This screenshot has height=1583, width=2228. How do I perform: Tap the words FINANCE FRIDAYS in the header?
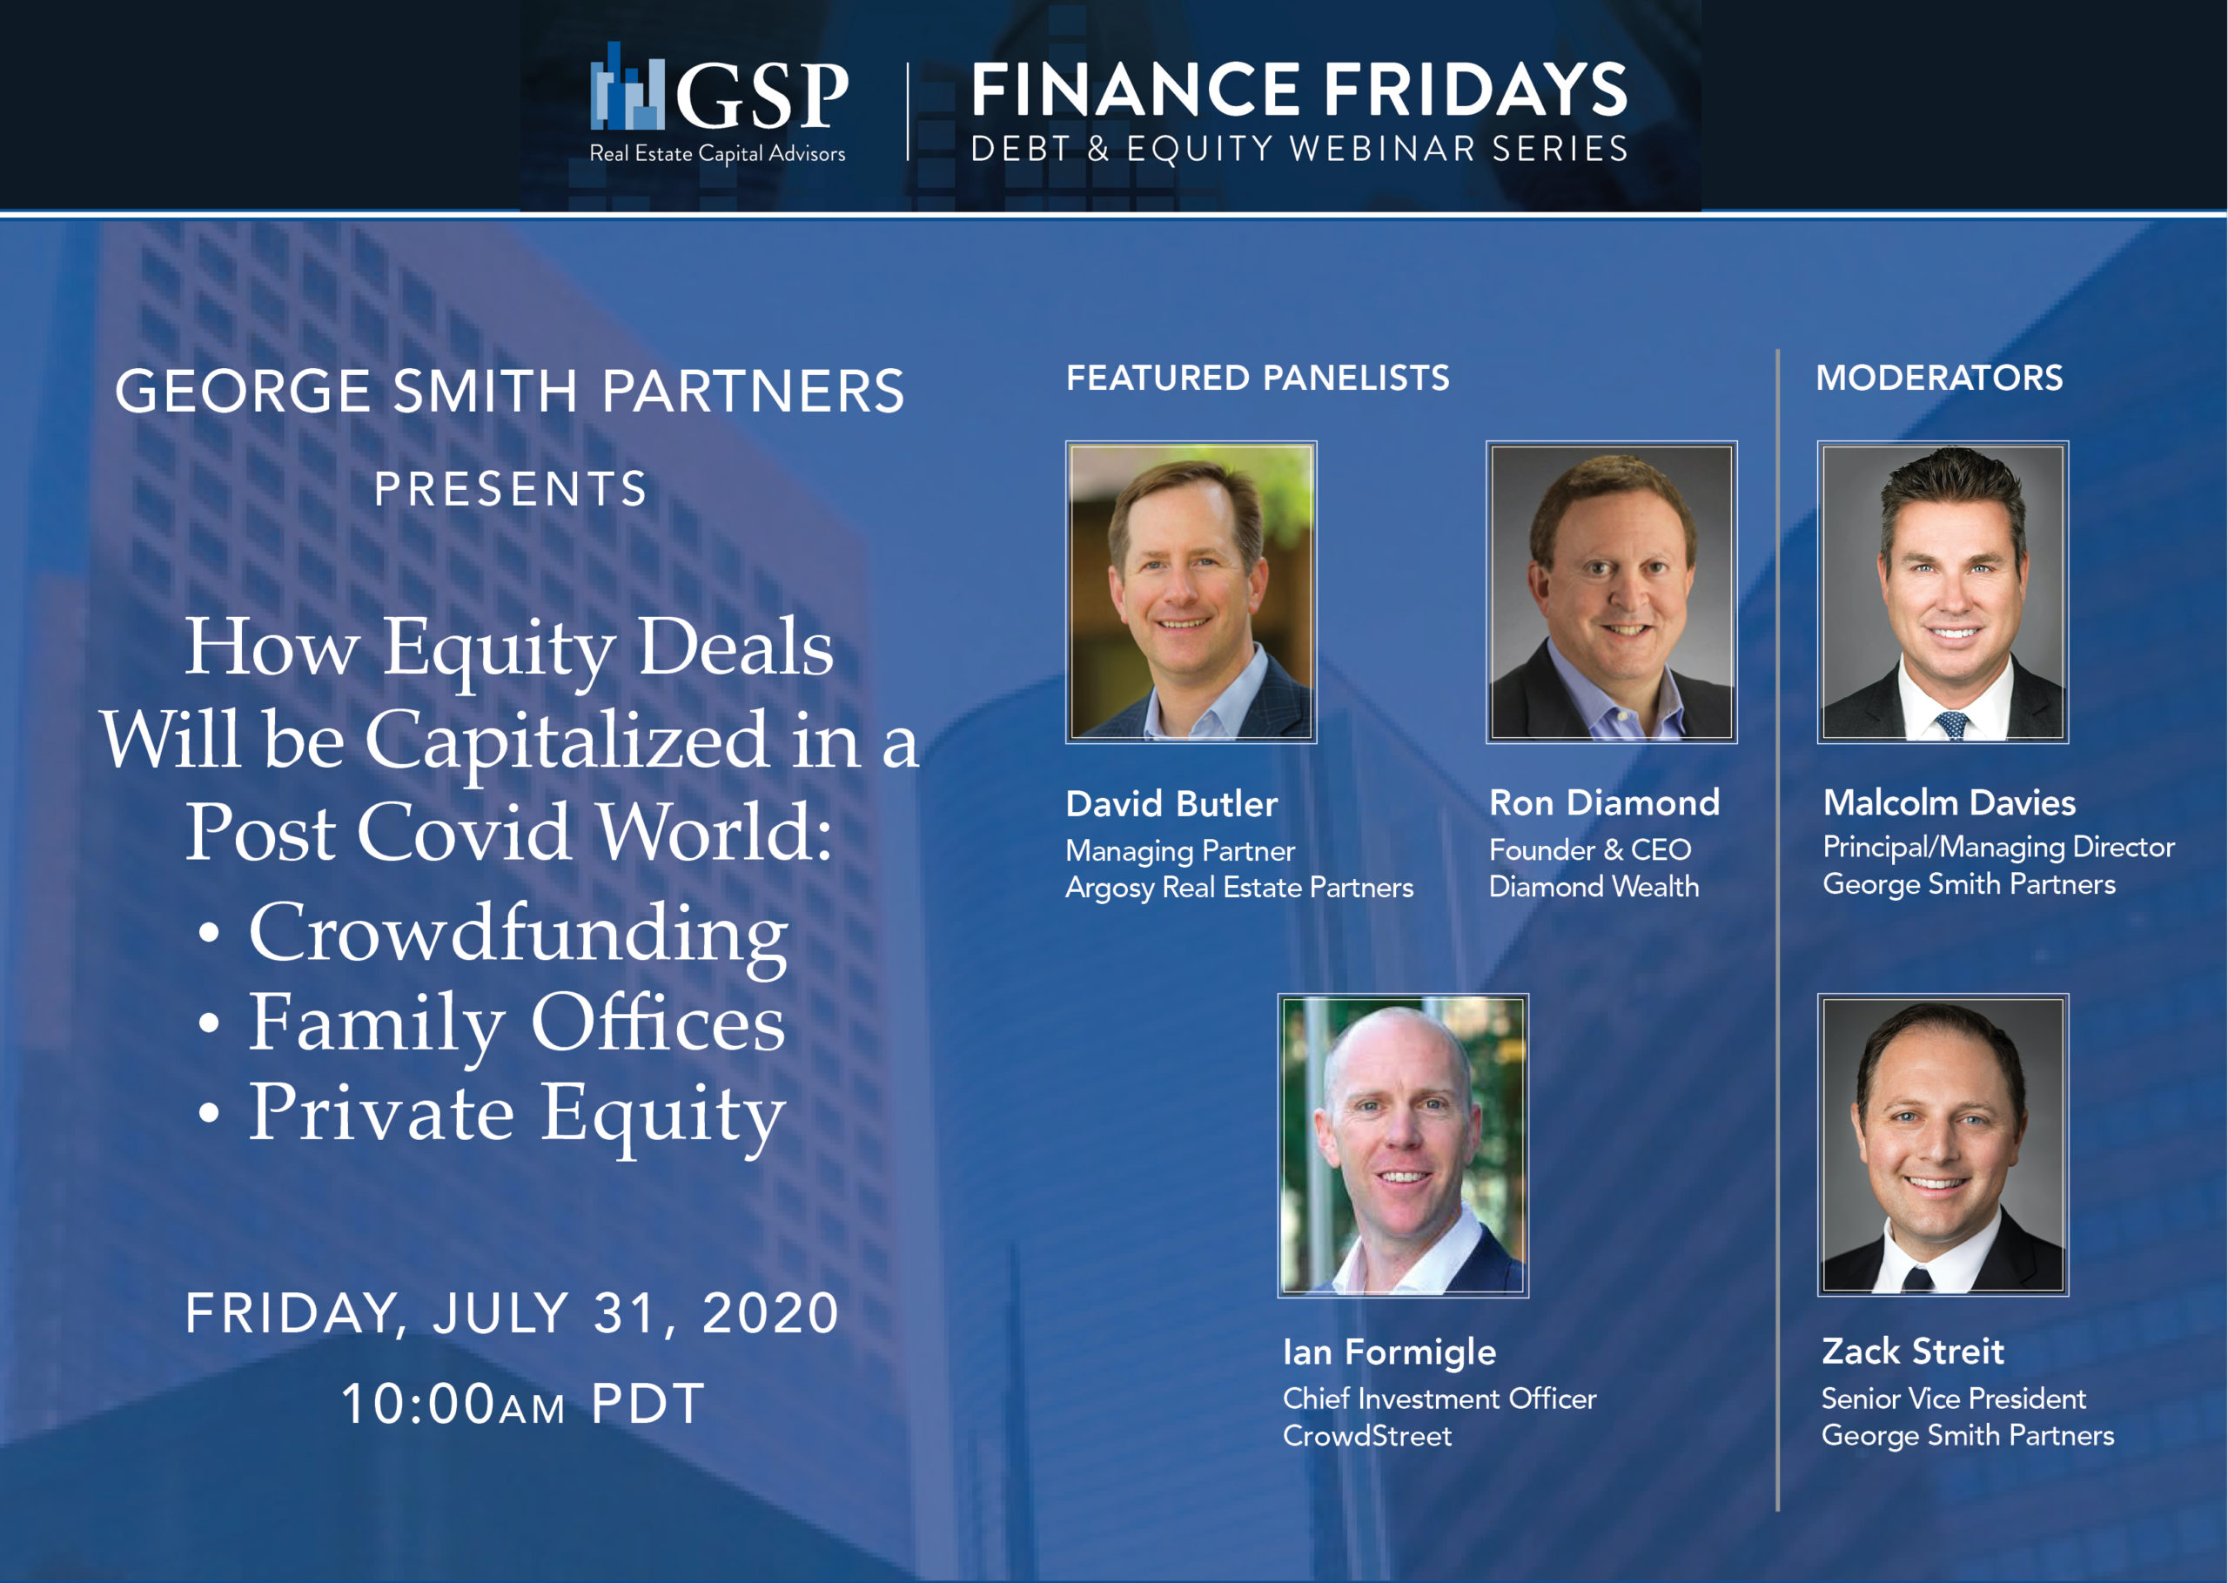click(x=1299, y=90)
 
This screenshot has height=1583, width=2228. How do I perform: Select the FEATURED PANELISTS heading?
click(x=1258, y=379)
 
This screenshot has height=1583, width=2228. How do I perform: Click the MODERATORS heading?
click(x=1940, y=379)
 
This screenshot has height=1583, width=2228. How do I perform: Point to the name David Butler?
click(x=1171, y=804)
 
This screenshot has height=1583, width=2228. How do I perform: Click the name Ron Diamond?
click(x=1604, y=803)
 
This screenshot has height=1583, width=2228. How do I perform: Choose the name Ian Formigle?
click(x=1389, y=1353)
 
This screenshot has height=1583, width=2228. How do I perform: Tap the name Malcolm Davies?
click(x=1949, y=803)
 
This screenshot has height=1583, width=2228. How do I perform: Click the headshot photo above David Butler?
click(x=1191, y=592)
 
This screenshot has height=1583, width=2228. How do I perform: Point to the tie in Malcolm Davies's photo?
click(x=1951, y=725)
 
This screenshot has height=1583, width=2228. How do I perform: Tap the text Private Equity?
click(x=517, y=1114)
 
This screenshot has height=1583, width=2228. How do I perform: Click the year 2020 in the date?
click(x=770, y=1313)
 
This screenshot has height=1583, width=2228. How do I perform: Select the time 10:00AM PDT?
click(x=522, y=1405)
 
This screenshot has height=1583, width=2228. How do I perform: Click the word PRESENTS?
click(x=512, y=489)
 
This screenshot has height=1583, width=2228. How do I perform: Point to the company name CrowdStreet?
click(x=1366, y=1436)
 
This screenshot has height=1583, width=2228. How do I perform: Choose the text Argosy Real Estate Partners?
click(x=1238, y=888)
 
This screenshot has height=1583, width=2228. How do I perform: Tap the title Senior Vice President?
click(x=1953, y=1399)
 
